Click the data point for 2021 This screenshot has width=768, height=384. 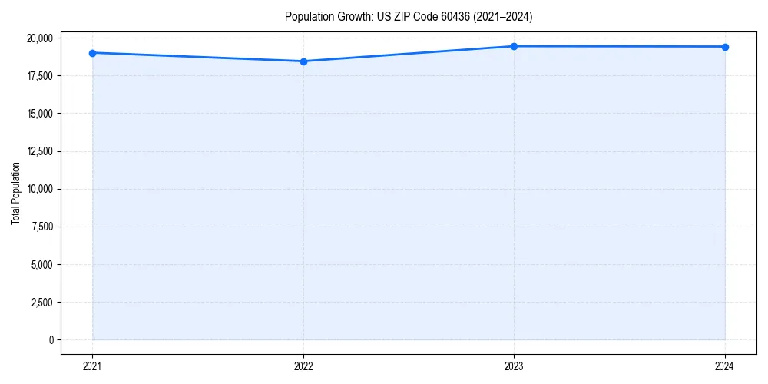click(92, 53)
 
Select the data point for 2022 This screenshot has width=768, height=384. click(303, 61)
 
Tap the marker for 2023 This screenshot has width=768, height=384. click(514, 46)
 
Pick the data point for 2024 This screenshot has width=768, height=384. click(725, 47)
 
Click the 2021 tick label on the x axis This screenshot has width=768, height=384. click(92, 366)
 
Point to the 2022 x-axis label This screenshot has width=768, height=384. click(303, 366)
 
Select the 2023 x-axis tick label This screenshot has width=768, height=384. click(514, 366)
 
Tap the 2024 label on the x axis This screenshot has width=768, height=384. click(725, 366)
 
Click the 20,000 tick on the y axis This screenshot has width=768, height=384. click(38, 38)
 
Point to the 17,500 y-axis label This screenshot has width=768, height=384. click(38, 76)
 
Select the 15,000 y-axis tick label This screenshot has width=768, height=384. click(38, 114)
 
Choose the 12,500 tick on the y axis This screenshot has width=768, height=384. click(38, 151)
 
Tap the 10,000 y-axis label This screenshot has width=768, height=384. click(38, 189)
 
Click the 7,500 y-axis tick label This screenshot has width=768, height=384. click(41, 227)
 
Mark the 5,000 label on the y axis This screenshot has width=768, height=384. click(41, 265)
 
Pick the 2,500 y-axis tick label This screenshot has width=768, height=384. click(41, 303)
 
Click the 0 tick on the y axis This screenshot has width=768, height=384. click(50, 340)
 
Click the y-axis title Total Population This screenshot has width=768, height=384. click(15, 193)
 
